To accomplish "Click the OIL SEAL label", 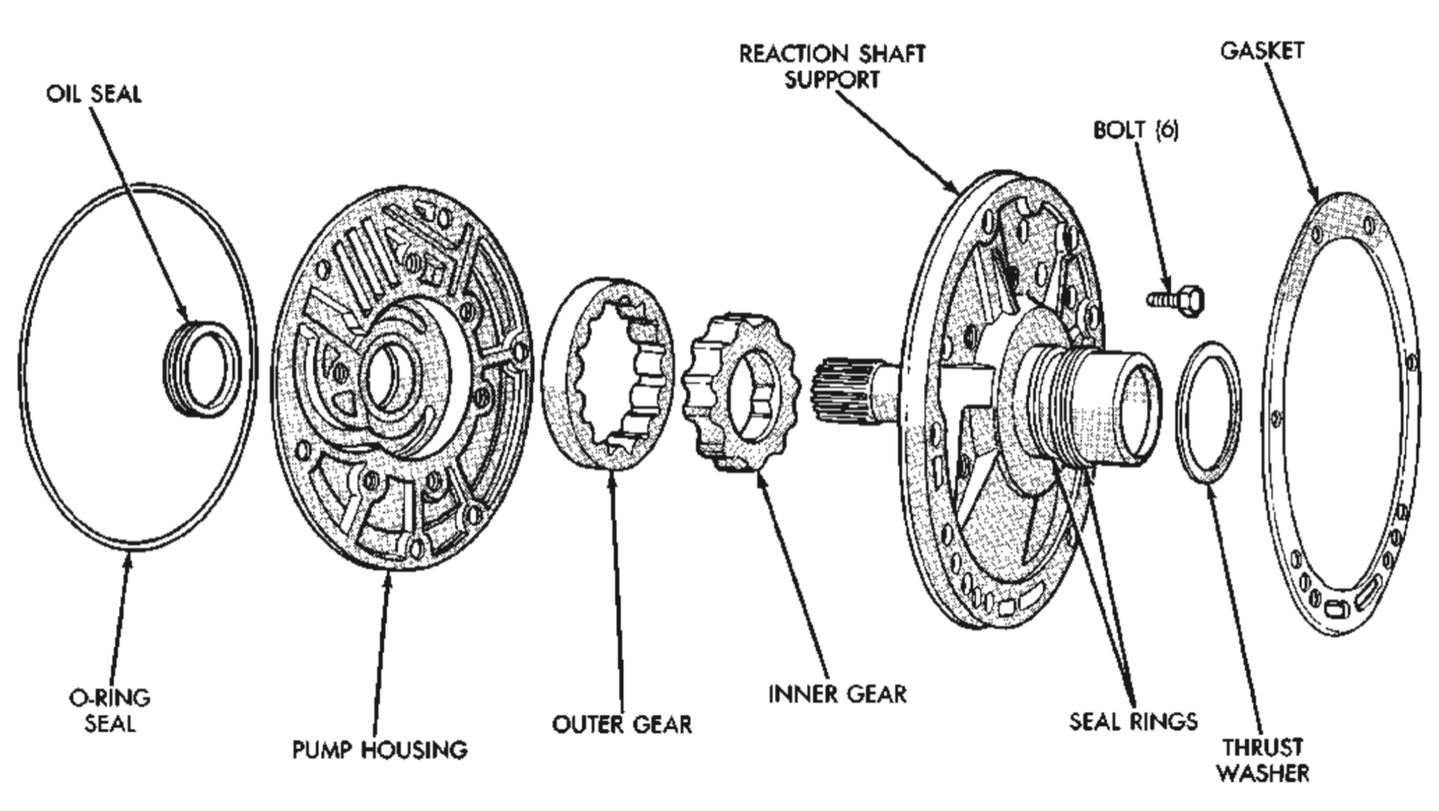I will coord(94,94).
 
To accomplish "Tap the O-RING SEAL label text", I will coord(110,709).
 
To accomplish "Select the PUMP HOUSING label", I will coord(380,749).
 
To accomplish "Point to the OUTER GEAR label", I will coord(621,724).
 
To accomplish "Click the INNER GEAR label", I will coord(837,693).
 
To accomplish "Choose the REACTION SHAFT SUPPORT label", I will coord(832,66).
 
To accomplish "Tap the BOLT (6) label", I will coord(1135,129).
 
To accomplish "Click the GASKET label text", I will coord(1261,50).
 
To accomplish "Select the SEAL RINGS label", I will coord(1133,720).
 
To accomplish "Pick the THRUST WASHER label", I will coord(1263,759).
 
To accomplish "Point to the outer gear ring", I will coord(612,373).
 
